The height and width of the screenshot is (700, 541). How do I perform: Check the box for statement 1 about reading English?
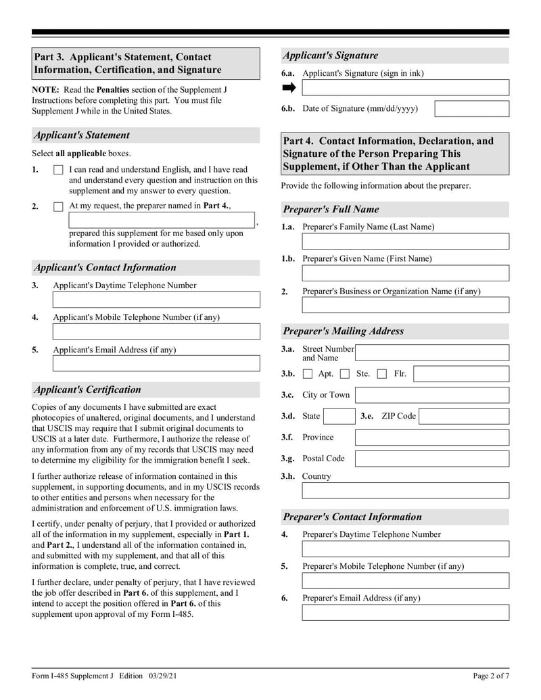(x=58, y=170)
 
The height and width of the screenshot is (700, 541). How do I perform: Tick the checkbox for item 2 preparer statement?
(x=58, y=207)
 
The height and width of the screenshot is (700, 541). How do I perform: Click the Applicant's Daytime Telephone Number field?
(x=156, y=300)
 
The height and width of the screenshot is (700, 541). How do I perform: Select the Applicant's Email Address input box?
(x=156, y=364)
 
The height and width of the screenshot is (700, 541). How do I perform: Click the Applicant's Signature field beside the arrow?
(x=405, y=88)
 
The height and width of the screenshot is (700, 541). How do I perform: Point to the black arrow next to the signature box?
(x=289, y=88)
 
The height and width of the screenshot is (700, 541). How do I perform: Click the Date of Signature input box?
(x=471, y=109)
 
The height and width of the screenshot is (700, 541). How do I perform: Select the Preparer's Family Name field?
(x=405, y=241)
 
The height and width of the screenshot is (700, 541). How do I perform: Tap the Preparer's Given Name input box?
(x=405, y=273)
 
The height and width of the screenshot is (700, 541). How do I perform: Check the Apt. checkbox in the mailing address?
(x=308, y=374)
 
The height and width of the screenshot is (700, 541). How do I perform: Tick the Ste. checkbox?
(x=345, y=374)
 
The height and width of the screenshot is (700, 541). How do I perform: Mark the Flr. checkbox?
(x=382, y=374)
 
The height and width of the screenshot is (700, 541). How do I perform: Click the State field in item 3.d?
(x=339, y=416)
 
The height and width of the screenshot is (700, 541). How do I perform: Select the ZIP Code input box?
(x=463, y=416)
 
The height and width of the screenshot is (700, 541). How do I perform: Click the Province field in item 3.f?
(x=432, y=438)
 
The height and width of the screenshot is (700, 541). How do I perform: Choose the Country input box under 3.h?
(x=405, y=490)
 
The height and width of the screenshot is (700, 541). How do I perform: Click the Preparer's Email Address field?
(x=405, y=613)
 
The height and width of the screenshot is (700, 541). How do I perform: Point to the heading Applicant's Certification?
(x=87, y=390)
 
